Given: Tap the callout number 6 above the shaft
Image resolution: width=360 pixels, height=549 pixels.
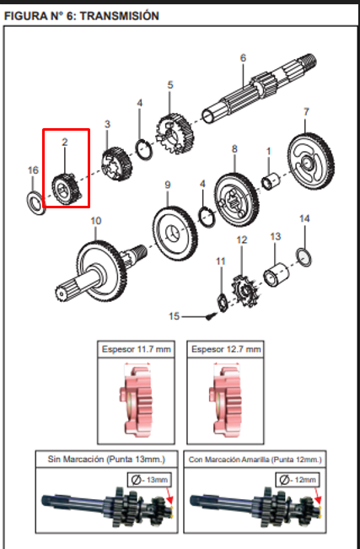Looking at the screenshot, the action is pyautogui.click(x=243, y=58).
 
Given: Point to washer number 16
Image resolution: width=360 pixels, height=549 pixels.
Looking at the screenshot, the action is pyautogui.click(x=35, y=203).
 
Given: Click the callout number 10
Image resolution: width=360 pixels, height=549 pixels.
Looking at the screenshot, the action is pyautogui.click(x=96, y=221).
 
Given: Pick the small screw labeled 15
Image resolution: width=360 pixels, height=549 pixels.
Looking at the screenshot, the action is pyautogui.click(x=210, y=317).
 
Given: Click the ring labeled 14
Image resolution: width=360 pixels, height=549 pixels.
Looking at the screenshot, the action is pyautogui.click(x=304, y=257).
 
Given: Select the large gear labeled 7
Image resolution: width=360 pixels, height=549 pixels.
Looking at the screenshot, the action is pyautogui.click(x=310, y=164).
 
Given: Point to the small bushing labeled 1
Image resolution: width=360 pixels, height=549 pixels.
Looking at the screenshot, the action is pyautogui.click(x=271, y=182).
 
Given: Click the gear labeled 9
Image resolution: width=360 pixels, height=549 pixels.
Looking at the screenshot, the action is pyautogui.click(x=174, y=234).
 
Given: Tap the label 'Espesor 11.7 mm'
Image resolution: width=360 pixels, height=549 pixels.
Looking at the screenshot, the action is pyautogui.click(x=137, y=349).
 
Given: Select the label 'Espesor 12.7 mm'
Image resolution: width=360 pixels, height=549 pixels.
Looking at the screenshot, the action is pyautogui.click(x=226, y=349).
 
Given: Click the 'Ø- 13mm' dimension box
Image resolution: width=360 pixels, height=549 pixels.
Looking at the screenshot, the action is pyautogui.click(x=149, y=480).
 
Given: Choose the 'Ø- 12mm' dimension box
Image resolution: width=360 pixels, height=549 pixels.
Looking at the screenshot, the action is pyautogui.click(x=298, y=480).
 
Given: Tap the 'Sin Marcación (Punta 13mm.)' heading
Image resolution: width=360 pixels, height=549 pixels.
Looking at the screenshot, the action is pyautogui.click(x=106, y=459).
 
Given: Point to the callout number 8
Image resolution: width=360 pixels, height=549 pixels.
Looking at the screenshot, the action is pyautogui.click(x=234, y=149).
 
